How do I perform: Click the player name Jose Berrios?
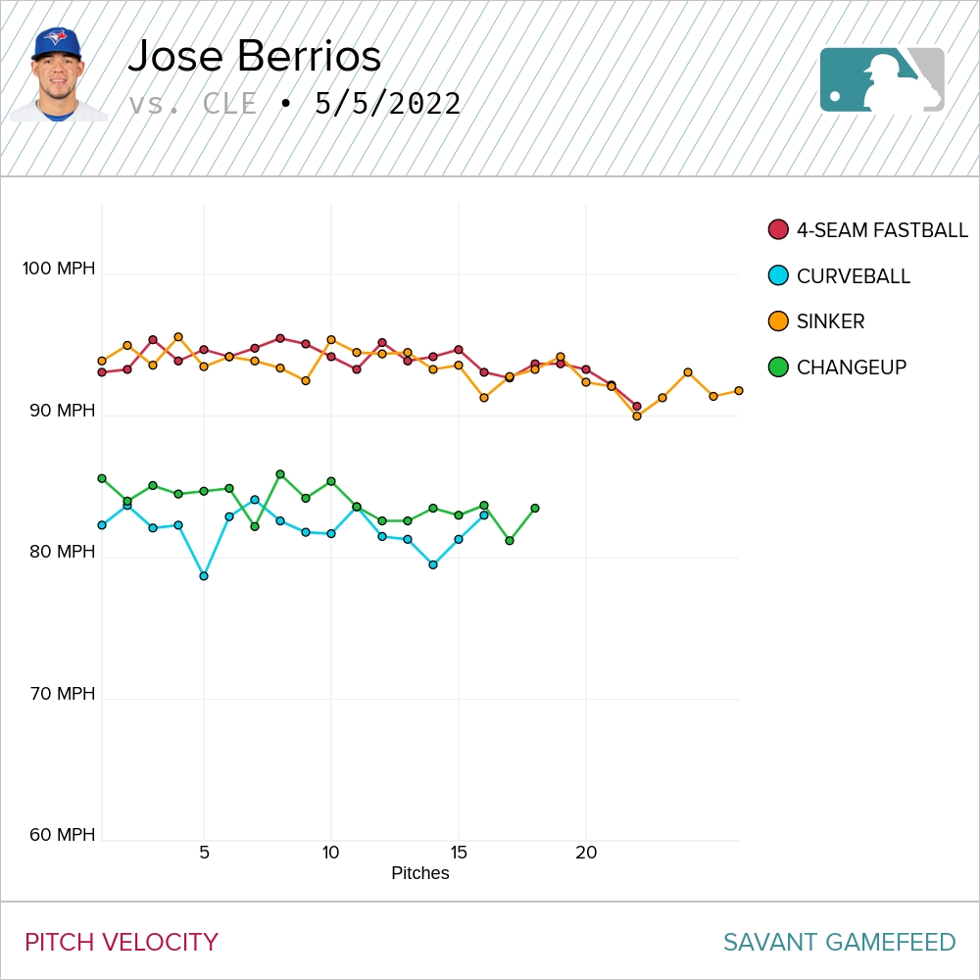coord(254,57)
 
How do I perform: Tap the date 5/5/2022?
coord(387,104)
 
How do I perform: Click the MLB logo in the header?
coord(882,79)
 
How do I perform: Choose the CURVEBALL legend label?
coord(853,276)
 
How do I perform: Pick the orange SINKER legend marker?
coord(779,321)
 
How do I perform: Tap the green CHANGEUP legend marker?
coord(779,367)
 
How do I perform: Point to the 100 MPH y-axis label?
coord(59,269)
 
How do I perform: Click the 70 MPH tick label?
coord(63,694)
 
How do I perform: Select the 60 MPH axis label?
coord(63,835)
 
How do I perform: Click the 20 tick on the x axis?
coord(586,853)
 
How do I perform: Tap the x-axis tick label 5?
coord(204,853)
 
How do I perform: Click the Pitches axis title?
coord(419,873)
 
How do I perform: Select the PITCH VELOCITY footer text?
coord(122,943)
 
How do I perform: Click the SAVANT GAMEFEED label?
coord(839,943)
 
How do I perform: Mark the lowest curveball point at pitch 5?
coord(204,576)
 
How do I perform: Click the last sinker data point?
coord(739,390)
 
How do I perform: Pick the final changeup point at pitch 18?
coord(535,508)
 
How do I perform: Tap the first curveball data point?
coord(102,525)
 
